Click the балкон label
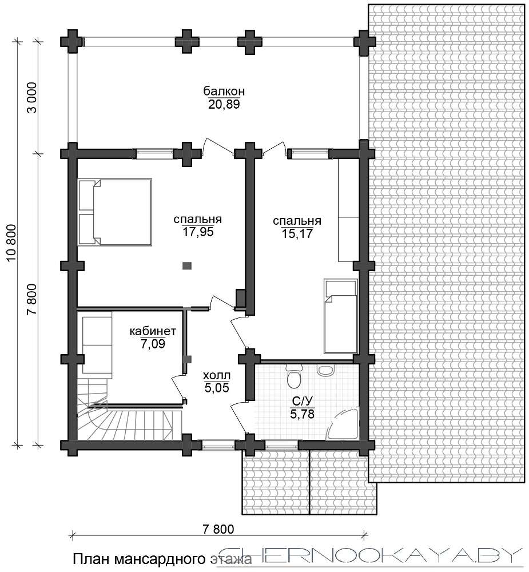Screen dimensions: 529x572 click(x=224, y=90)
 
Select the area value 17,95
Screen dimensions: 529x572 click(x=198, y=232)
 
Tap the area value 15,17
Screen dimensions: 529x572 click(x=297, y=233)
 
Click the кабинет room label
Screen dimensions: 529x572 click(x=153, y=331)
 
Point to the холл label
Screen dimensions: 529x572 click(x=217, y=375)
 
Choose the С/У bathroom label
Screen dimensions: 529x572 click(x=303, y=402)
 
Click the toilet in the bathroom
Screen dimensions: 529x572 click(x=294, y=376)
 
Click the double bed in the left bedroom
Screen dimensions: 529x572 click(x=114, y=212)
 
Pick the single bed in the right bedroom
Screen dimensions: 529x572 click(x=340, y=316)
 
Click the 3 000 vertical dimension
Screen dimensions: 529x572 click(x=32, y=97)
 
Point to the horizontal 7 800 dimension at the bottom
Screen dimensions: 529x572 click(x=218, y=529)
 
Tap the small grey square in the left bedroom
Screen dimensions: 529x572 click(x=187, y=265)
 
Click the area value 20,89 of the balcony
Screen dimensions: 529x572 click(x=224, y=105)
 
